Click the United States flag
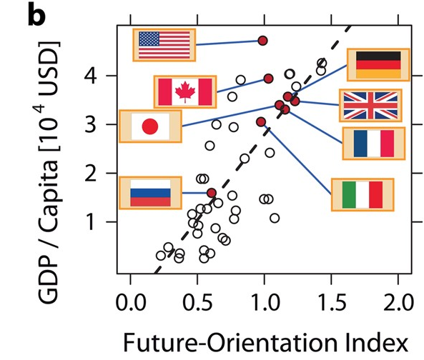coord(164,45)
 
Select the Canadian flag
coord(185,92)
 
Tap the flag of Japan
coord(150,126)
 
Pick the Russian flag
coord(150,193)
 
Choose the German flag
coord(378,65)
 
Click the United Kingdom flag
coord(370,105)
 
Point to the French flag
coord(374,144)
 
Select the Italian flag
coord(363,195)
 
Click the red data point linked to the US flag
coord(262,41)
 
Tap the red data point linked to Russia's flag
coord(212,193)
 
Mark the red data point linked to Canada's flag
coord(268,79)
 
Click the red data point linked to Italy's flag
coord(261,122)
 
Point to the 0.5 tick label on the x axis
coord(198,302)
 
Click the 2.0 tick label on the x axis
coord(398,302)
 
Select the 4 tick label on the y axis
coord(90,76)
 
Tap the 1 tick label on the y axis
coord(91,222)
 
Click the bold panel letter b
coord(36,16)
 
